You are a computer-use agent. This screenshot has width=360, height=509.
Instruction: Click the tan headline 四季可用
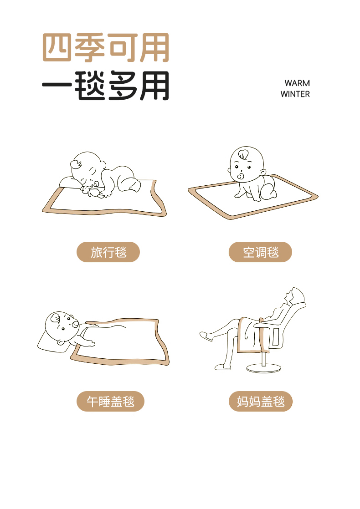point(106,47)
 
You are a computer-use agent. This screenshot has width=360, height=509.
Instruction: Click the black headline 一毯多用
point(106,86)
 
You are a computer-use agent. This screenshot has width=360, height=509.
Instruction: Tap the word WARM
point(297,83)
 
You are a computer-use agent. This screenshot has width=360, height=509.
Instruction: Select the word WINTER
point(295,94)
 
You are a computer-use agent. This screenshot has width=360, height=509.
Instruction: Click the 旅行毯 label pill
point(108,252)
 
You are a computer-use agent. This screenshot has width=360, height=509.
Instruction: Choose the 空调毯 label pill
point(260,252)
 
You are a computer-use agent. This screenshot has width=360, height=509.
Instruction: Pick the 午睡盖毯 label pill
point(110,401)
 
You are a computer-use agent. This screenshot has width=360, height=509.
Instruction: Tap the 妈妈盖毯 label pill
point(261,401)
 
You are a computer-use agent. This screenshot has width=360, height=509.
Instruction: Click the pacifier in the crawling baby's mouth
point(241,177)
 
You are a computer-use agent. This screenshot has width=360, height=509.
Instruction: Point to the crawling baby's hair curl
point(243,154)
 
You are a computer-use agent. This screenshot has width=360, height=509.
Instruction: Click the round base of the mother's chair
point(264,368)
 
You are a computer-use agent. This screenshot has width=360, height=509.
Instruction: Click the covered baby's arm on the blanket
point(83,341)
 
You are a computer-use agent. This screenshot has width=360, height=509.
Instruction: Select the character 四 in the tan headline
point(57,47)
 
